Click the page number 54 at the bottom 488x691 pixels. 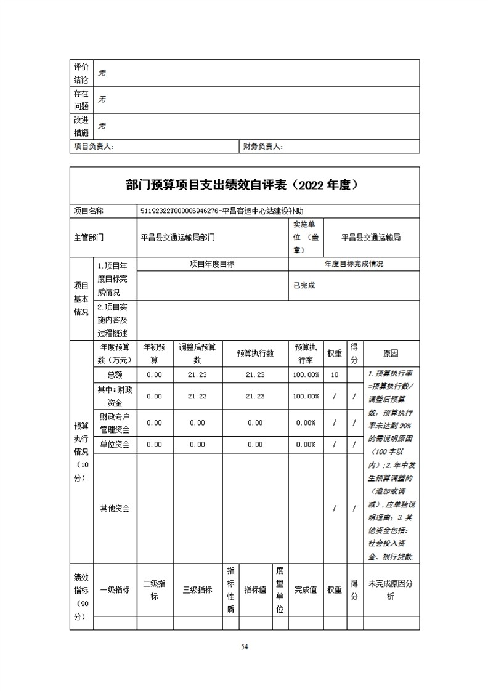pos(244,647)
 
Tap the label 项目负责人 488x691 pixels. pos(94,147)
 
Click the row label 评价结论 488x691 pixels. pos(81,73)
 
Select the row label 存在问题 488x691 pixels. pos(81,100)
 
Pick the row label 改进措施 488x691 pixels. pos(81,126)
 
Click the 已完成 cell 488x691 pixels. pos(304,285)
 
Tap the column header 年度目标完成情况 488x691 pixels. pos(354,264)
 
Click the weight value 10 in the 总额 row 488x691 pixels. pos(335,374)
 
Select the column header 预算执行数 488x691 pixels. pos(255,354)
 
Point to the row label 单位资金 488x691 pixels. pos(115,444)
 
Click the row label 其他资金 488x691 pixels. pos(115,508)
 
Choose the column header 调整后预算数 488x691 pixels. pos(197,354)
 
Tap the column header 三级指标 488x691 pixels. pos(197,589)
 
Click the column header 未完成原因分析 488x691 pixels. pos(391,589)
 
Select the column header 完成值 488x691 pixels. pos(305,589)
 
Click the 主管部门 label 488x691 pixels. pos(89,237)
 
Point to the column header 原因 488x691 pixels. pos(391,354)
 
